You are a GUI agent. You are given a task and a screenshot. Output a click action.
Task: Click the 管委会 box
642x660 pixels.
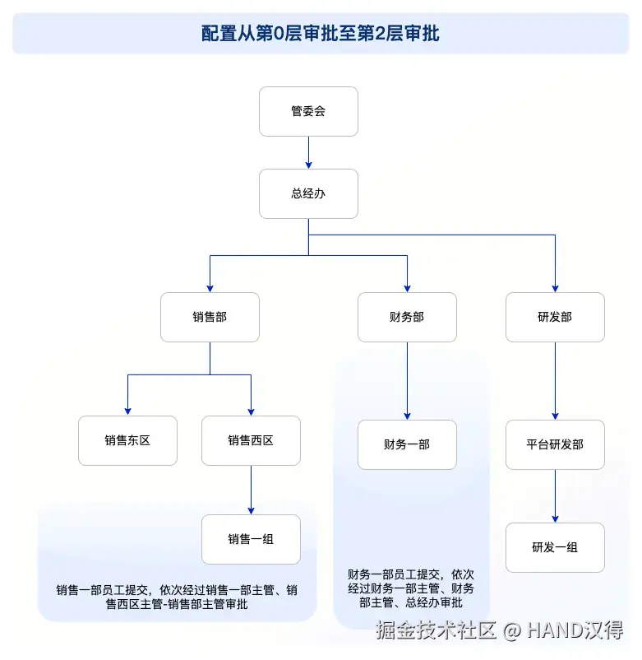click(x=308, y=111)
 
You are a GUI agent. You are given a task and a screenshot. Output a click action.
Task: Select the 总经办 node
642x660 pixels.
click(x=308, y=194)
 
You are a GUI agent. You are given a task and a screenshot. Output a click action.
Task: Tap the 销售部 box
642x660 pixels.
click(x=210, y=317)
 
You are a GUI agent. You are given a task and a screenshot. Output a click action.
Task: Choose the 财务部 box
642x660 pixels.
click(x=407, y=317)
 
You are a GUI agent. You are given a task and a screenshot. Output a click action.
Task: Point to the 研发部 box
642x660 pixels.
click(x=555, y=317)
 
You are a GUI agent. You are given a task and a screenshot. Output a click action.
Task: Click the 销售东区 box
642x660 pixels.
click(x=127, y=440)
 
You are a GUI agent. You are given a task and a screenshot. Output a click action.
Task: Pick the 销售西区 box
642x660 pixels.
click(x=251, y=440)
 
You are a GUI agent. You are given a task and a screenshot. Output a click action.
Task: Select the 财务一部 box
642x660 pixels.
click(x=407, y=444)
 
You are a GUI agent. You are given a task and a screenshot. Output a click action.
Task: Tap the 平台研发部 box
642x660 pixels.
click(x=555, y=444)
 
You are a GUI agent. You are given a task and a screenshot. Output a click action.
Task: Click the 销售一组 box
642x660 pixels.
click(x=251, y=539)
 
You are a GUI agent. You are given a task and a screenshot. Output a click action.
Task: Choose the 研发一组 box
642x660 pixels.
click(x=555, y=547)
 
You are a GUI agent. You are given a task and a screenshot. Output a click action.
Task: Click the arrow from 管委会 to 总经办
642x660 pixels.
click(x=308, y=152)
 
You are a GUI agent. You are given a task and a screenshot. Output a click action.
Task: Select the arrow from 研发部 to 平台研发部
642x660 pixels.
click(x=555, y=380)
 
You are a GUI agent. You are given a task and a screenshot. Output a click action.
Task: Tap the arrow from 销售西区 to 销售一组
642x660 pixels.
click(x=251, y=490)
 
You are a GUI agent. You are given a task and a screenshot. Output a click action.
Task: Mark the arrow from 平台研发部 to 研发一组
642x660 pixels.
click(x=555, y=495)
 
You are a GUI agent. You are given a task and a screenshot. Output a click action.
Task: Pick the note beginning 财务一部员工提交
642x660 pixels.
click(x=410, y=588)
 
